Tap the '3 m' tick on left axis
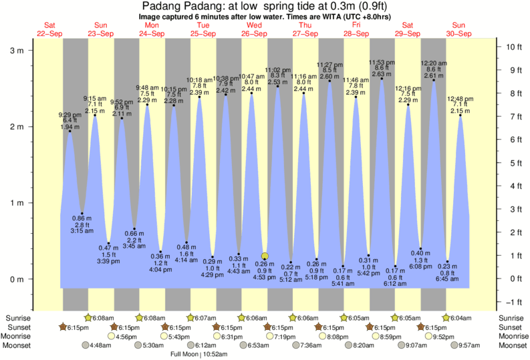point(16,50)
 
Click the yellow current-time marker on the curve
point(265,256)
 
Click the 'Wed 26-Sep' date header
point(254,29)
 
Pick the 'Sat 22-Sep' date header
point(50,29)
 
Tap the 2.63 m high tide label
point(382,74)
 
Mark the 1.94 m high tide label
point(70,126)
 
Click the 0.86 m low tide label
point(82,218)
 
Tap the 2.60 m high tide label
point(330,77)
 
